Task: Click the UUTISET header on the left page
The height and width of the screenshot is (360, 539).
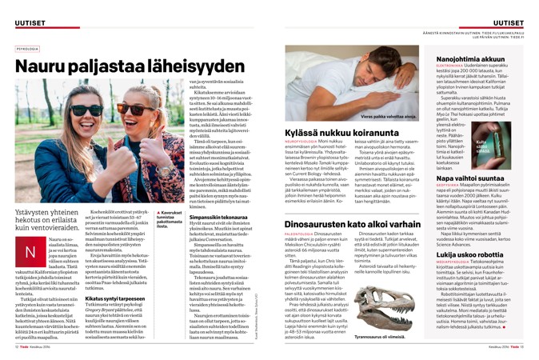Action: coord(30,22)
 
